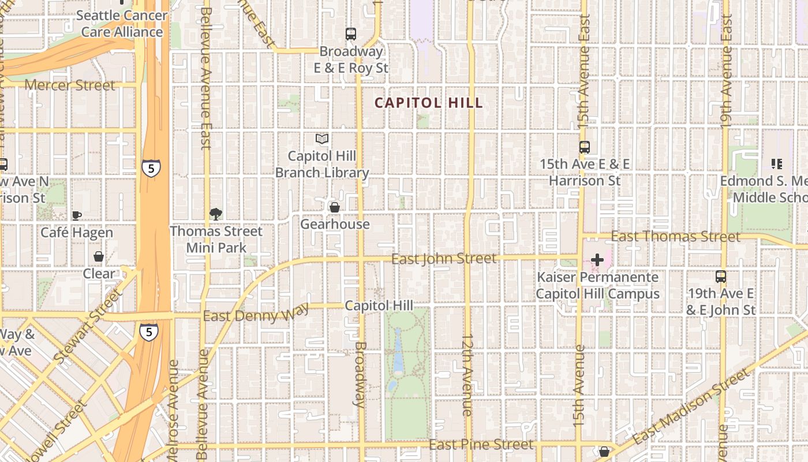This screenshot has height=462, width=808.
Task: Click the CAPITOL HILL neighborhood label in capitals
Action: [428, 103]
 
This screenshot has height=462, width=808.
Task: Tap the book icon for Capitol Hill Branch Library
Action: [322, 139]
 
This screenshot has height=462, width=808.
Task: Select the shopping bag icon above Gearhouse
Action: [334, 207]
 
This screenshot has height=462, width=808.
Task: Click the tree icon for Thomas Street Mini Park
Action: [216, 214]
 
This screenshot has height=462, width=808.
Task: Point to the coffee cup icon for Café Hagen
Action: [76, 215]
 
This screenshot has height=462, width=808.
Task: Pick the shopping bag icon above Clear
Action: [99, 256]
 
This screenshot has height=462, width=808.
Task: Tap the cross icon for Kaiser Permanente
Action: [597, 260]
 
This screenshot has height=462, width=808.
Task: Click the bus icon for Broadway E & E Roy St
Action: [351, 34]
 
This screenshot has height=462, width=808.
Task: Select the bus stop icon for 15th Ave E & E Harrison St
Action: [585, 147]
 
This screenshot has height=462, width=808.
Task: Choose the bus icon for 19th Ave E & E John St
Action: [721, 277]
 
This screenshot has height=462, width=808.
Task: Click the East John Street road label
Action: [443, 258]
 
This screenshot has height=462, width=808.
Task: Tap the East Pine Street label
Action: [481, 444]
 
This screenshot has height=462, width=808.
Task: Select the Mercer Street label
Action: [70, 85]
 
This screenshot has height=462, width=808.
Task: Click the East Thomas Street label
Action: [675, 237]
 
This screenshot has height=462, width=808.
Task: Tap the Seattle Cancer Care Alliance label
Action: [122, 24]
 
